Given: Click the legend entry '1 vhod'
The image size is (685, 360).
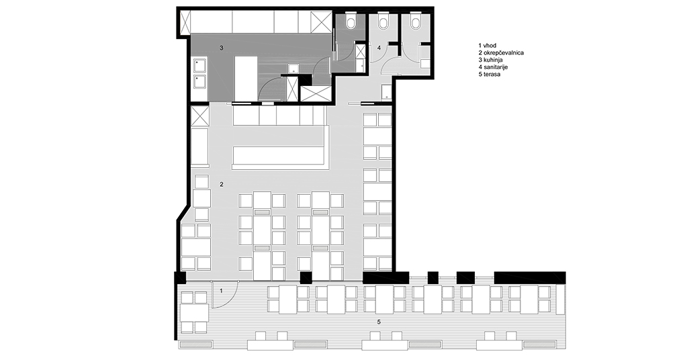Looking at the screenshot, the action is pyautogui.click(x=487, y=46).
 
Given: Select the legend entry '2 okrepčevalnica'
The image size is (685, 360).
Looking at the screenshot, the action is pyautogui.click(x=501, y=53).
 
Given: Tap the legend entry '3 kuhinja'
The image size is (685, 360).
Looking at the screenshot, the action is pyautogui.click(x=491, y=60).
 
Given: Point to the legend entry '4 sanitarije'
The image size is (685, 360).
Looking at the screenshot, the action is pyautogui.click(x=493, y=67).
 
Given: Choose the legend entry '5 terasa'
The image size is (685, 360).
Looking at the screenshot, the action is pyautogui.click(x=490, y=75).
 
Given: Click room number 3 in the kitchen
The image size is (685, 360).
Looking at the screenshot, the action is pyautogui.click(x=222, y=48).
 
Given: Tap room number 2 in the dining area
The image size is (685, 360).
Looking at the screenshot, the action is pyautogui.click(x=222, y=185).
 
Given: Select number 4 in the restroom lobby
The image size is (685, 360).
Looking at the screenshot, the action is pyautogui.click(x=379, y=47).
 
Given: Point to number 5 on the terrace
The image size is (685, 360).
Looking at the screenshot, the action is pyautogui.click(x=379, y=322).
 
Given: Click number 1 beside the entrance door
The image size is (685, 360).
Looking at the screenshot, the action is pyautogui.click(x=221, y=291).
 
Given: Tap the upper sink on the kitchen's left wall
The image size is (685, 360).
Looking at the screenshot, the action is pyautogui.click(x=199, y=66).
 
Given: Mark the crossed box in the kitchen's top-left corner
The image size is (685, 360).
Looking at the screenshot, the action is pyautogui.click(x=185, y=24).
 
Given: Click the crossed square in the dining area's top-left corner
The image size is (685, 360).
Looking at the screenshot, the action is pyautogui.click(x=200, y=116).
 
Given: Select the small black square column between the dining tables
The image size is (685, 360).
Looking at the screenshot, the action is pyautogui.click(x=306, y=277).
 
